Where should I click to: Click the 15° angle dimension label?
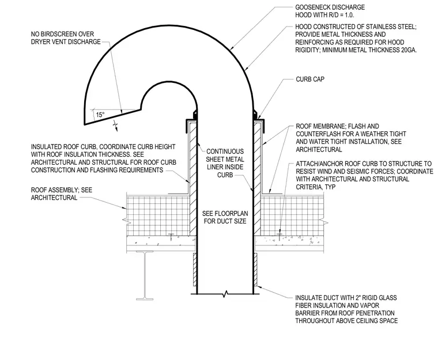tap(100, 115)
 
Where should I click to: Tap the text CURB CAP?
tap(310, 79)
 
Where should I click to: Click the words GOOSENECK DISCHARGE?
tap(330, 7)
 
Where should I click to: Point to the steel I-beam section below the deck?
tap(145, 275)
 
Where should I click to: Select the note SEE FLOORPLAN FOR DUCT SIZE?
tap(225, 217)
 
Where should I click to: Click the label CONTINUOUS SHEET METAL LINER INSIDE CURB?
tap(225, 163)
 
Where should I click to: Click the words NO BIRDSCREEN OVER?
tap(62, 34)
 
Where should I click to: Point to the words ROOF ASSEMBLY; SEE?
tap(62, 190)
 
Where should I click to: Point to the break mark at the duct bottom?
tap(225, 294)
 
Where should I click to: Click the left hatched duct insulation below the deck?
tap(195, 270)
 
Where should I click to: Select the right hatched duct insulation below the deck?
tap(255, 270)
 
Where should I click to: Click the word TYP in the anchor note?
tap(330, 187)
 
